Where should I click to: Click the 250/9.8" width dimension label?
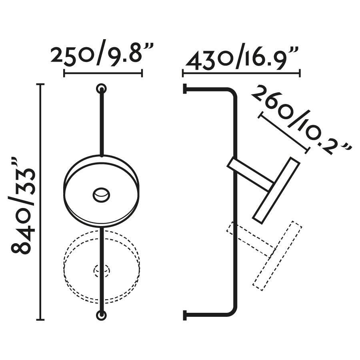click(x=102, y=53)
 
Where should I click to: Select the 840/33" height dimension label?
click(x=24, y=206)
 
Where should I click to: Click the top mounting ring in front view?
click(x=101, y=88)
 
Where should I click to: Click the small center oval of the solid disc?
click(x=101, y=195)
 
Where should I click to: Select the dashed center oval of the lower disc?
click(x=101, y=270)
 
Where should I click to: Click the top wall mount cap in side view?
click(x=184, y=89)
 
